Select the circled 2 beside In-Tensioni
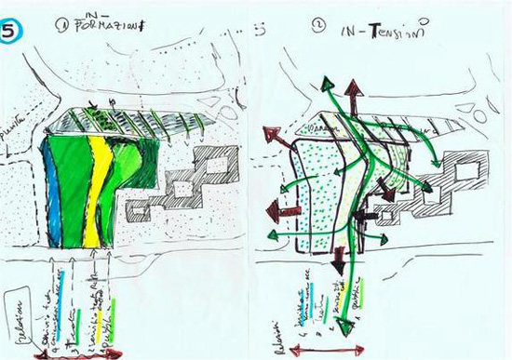pos(319,29)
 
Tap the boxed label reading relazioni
pos(18,316)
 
